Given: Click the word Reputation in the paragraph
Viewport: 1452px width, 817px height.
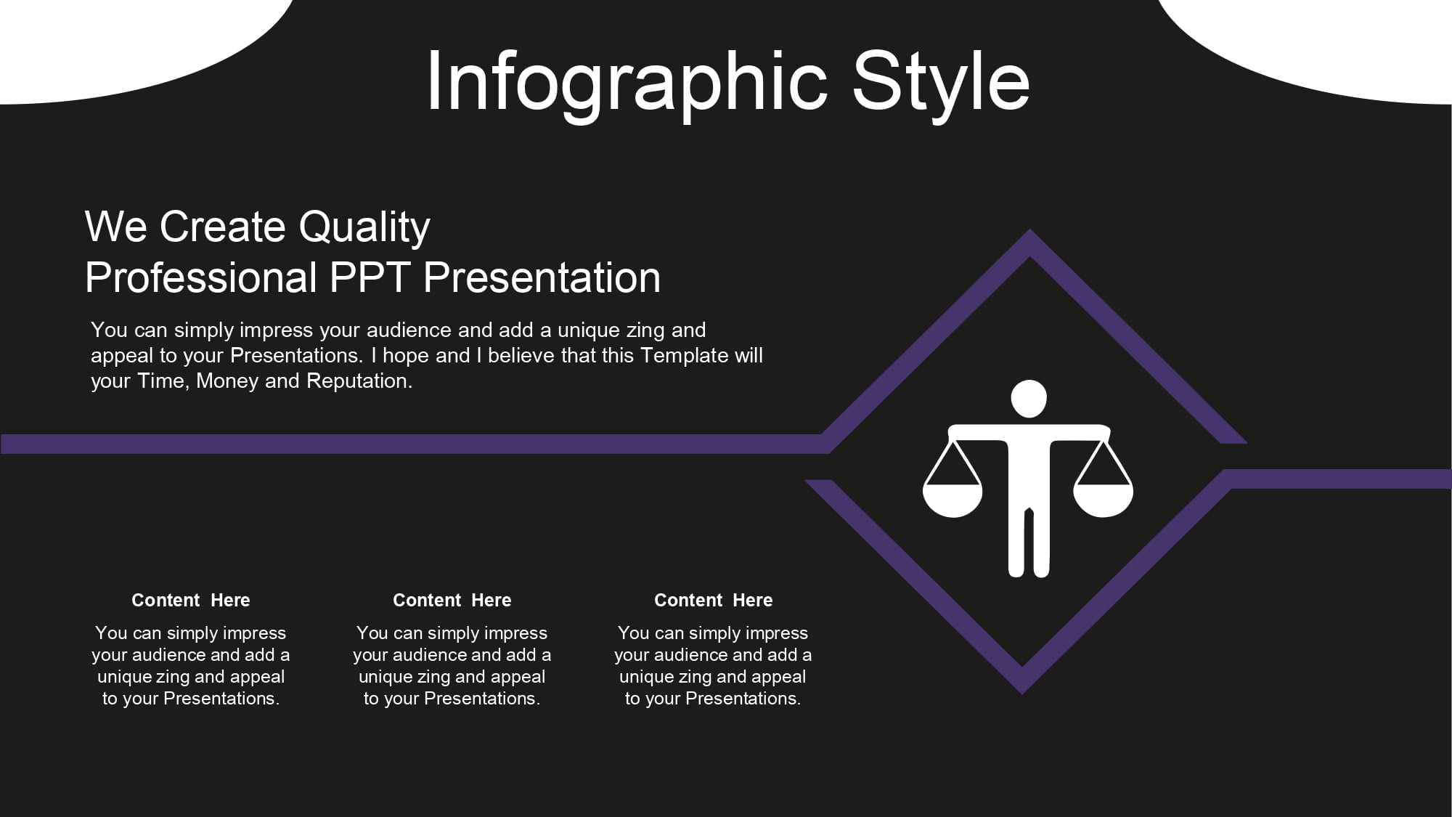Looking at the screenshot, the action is pos(359,381).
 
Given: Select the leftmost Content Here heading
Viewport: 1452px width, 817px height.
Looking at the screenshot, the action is pos(191,601).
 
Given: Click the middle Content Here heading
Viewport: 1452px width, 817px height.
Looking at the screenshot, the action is pos(452,601).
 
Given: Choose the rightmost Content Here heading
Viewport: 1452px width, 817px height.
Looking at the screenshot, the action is pos(714,601).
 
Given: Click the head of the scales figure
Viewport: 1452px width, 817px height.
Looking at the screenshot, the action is pos(1029,399).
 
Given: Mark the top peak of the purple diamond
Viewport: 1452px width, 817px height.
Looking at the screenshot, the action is pos(1029,230).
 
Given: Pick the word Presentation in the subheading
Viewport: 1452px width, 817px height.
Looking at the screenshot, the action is pos(542,277).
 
